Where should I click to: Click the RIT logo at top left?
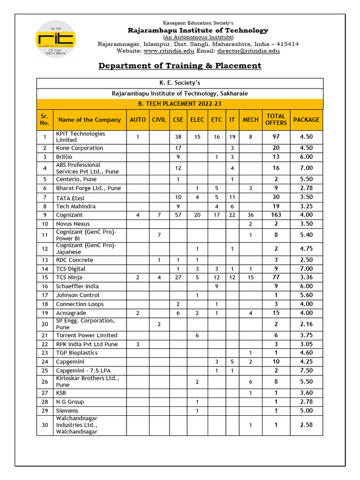pyautogui.click(x=55, y=39)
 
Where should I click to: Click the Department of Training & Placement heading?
pyautogui.click(x=180, y=66)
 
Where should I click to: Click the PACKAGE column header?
pyautogui.click(x=306, y=120)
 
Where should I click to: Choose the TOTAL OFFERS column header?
pyautogui.click(x=276, y=120)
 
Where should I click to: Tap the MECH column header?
pyautogui.click(x=250, y=120)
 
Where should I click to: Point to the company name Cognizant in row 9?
pyautogui.click(x=69, y=215)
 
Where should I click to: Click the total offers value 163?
pyautogui.click(x=276, y=215)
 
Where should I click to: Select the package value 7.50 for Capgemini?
pyautogui.click(x=306, y=370)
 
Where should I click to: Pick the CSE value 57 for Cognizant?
pyautogui.click(x=178, y=215)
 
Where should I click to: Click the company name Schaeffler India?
pyautogui.click(x=77, y=286)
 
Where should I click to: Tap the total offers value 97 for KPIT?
pyautogui.click(x=276, y=137)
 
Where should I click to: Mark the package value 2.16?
pyautogui.click(x=306, y=324)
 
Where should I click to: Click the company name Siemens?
pyautogui.click(x=67, y=411)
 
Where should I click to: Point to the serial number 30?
pyautogui.click(x=45, y=425)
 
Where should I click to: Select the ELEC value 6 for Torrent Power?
pyautogui.click(x=197, y=335)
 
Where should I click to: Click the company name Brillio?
pyautogui.click(x=65, y=157)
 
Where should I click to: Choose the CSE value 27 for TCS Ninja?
pyautogui.click(x=178, y=277)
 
